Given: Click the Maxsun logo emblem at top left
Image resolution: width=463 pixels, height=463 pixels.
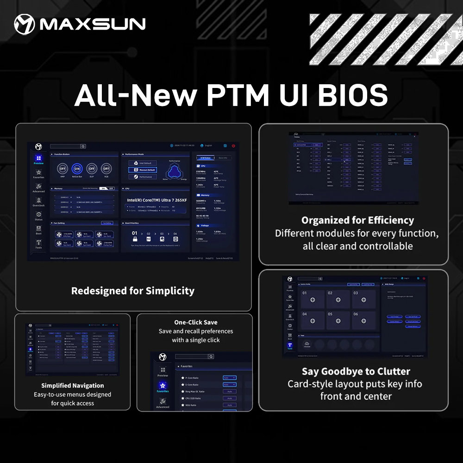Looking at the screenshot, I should pos(25,24).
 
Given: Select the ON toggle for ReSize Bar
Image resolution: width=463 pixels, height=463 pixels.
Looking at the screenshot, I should pos(77,169).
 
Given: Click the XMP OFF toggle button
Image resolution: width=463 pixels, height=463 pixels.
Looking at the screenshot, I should pos(63,169).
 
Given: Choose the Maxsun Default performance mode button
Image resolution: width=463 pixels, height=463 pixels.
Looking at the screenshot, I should pos(142,170).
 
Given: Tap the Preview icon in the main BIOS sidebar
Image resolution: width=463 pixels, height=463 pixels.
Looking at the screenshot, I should pos(38,158).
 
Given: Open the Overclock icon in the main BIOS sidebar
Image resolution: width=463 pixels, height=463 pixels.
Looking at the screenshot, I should pos(38,200).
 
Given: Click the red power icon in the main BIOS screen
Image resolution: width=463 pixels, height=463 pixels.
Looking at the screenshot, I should pos(234,146).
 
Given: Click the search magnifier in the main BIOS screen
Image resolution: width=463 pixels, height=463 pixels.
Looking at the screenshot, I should pos(83,146).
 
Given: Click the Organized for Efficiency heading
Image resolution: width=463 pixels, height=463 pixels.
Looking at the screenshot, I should pos(357,220).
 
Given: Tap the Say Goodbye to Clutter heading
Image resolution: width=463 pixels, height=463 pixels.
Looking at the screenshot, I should pos(356,371).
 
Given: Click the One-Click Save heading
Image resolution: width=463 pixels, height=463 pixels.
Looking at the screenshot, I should pos(196,322).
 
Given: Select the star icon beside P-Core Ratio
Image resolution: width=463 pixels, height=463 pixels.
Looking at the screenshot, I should pos(183,378).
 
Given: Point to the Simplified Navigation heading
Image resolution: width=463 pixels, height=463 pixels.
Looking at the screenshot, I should pos(73,386).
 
